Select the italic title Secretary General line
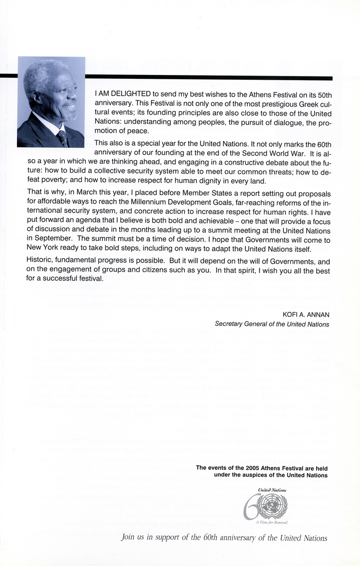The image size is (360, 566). point(272,324)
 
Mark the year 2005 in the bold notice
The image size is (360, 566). point(254,468)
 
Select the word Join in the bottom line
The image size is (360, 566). point(128,538)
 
